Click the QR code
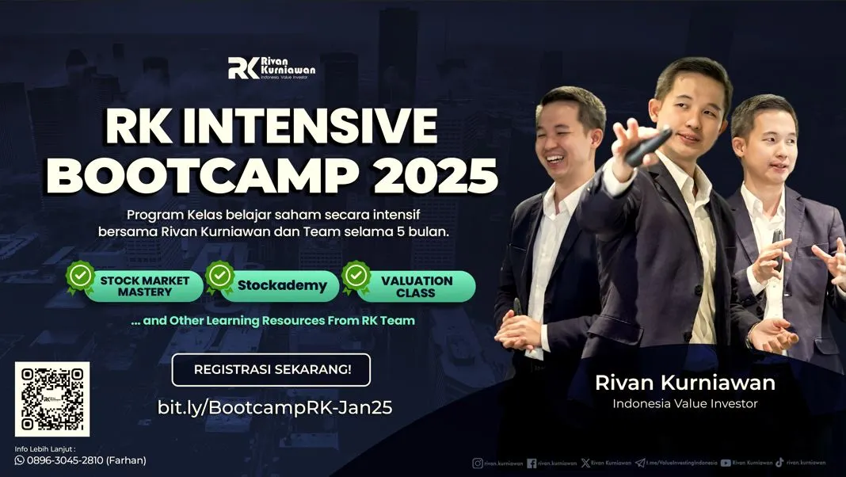[51, 399]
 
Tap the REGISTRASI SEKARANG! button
[271, 369]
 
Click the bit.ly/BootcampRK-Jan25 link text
[275, 407]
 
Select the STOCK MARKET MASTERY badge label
[144, 286]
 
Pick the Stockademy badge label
[282, 286]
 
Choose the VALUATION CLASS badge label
[417, 286]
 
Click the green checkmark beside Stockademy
[219, 276]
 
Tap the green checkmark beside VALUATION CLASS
[356, 276]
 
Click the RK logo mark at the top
[242, 69]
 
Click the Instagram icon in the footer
[478, 463]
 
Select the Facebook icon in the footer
[532, 463]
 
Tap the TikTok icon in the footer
[779, 463]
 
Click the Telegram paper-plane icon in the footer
[639, 463]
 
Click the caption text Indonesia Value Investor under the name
[685, 404]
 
